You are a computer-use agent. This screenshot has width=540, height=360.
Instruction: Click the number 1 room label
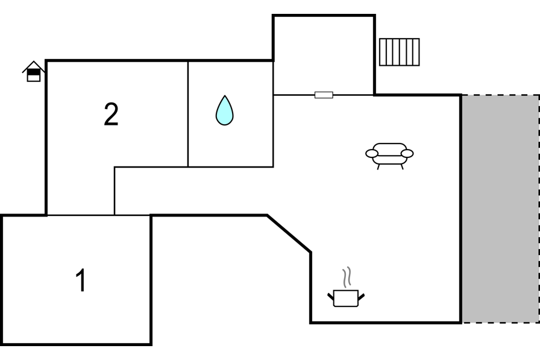click(x=81, y=280)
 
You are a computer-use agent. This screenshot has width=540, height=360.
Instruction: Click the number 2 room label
click(x=111, y=114)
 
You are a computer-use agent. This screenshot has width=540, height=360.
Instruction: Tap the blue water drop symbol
click(x=225, y=110)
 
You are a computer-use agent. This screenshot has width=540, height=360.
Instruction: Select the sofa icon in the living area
click(x=389, y=156)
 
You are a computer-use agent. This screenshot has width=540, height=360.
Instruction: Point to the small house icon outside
click(x=33, y=71)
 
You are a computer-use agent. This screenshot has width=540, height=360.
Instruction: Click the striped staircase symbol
click(x=400, y=52)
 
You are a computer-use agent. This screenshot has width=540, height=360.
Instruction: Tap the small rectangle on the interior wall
click(x=324, y=95)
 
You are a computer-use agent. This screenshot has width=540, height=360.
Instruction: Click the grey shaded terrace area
click(x=500, y=209)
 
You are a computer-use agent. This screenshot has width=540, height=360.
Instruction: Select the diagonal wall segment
click(x=289, y=234)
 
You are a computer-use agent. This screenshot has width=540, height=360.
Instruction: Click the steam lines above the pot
click(x=347, y=277)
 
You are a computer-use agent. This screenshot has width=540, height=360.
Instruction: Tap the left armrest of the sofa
click(x=372, y=154)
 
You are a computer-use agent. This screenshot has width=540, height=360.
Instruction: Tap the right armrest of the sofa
click(x=407, y=154)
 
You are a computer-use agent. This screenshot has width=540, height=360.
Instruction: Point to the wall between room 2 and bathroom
click(x=188, y=114)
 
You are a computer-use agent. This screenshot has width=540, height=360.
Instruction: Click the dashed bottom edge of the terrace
click(x=500, y=323)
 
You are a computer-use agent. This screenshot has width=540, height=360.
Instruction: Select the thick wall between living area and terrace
click(x=461, y=209)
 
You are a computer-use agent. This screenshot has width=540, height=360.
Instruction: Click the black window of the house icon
click(x=34, y=72)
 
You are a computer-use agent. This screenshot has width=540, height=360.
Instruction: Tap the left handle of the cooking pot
click(x=331, y=296)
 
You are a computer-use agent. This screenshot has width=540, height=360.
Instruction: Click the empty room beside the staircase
click(x=324, y=54)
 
